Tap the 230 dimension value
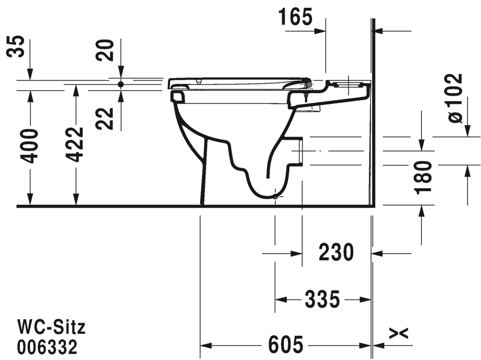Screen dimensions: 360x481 [336, 253]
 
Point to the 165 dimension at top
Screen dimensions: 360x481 [296, 17]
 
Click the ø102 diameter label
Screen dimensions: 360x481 [455, 98]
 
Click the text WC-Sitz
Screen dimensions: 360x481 [51, 328]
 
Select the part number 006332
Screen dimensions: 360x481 [47, 347]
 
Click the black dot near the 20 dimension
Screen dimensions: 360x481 [121, 84]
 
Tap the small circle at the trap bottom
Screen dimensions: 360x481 [275, 196]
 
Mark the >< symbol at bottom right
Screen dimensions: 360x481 [399, 333]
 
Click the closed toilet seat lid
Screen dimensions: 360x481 [238, 81]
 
